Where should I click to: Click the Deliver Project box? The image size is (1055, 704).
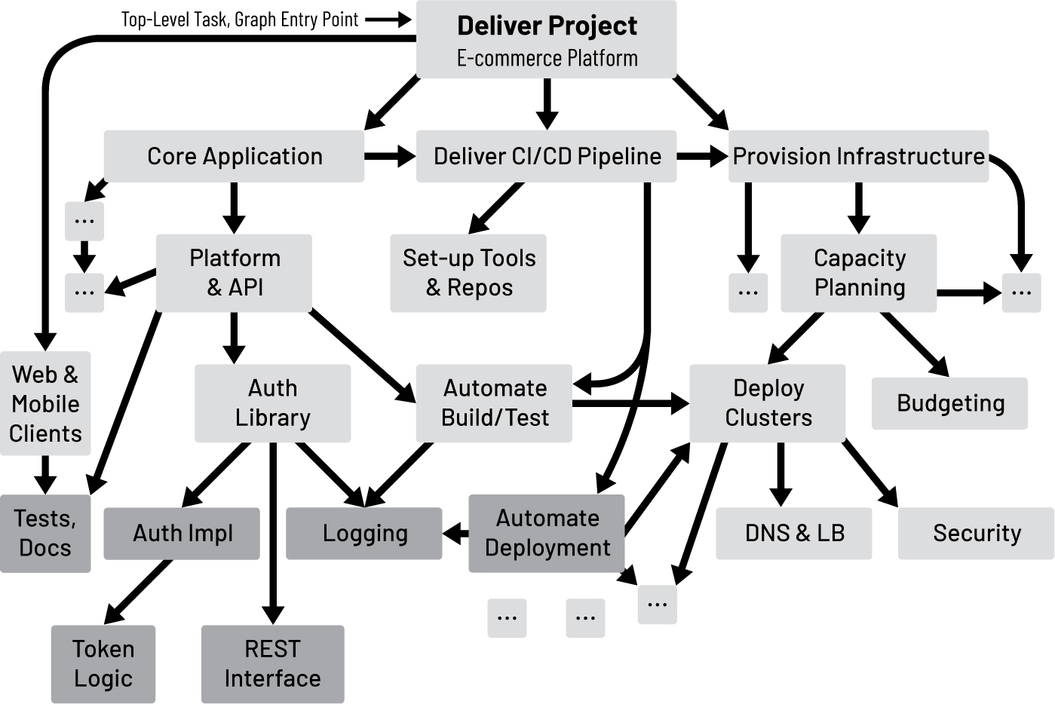coord(546,40)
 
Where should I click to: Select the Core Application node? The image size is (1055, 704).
coord(234,156)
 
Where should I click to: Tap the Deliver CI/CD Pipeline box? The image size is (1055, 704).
coord(546,156)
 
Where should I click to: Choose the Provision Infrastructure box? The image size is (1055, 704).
coord(858,156)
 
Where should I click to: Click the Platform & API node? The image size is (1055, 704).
coord(234,272)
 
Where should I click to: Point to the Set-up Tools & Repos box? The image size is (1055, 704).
coord(468,272)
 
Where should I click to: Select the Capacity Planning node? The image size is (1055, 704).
coord(858,272)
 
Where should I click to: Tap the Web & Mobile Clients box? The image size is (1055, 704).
coord(45,403)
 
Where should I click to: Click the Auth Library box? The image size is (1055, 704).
coord(272,403)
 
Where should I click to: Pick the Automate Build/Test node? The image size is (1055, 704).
coord(494,403)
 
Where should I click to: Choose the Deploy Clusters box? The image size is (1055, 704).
coord(768,403)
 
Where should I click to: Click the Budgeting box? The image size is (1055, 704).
coord(949,403)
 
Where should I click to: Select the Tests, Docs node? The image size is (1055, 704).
coord(45,533)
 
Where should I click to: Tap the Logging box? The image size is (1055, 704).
coord(364,533)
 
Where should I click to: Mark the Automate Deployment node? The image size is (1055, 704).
coord(547,533)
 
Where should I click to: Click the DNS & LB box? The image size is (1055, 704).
coord(793,533)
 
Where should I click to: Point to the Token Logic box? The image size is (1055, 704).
coord(103,663)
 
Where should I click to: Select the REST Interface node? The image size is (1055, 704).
coord(272,663)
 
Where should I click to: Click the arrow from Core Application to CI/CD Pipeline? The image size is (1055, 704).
coord(389,156)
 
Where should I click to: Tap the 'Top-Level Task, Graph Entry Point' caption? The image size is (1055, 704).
coord(240,20)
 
